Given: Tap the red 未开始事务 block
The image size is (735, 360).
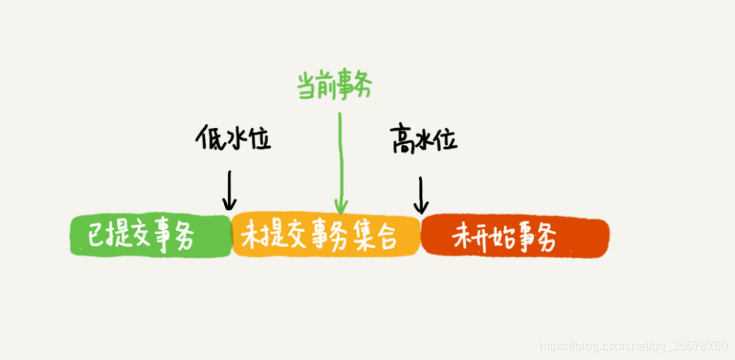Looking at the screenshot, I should point(515,236).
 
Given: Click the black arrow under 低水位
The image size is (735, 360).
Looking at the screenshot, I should point(229,191).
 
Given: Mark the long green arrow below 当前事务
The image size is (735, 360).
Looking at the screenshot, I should point(339,162).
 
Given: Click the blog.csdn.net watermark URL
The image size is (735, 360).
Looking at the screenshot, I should point(633,345).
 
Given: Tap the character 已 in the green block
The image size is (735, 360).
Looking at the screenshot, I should point(97,234).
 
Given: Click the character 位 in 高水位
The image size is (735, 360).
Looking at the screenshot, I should point(446,140).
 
